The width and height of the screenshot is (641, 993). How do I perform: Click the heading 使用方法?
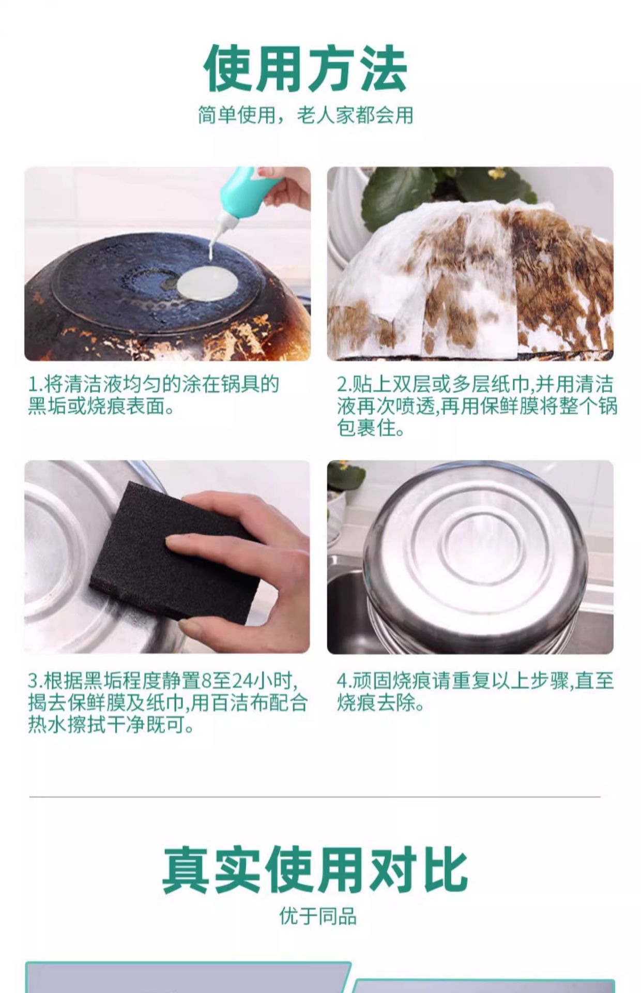[306, 69]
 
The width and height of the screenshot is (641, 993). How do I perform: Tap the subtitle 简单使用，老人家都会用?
[306, 115]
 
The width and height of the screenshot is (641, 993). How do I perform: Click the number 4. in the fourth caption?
[344, 681]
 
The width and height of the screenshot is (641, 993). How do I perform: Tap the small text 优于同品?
[318, 916]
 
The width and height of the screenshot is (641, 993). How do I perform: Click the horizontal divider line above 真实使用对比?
[315, 797]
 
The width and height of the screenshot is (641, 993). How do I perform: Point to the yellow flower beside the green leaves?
[497, 173]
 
